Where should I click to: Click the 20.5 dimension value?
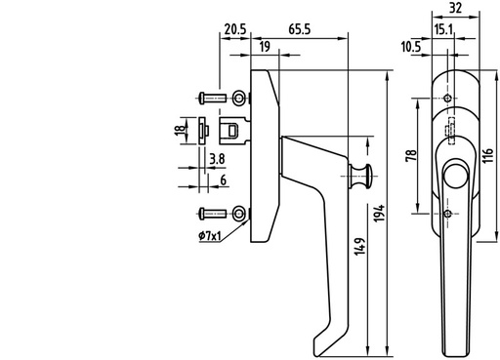[x=235, y=29]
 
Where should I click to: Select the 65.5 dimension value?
[x=300, y=29]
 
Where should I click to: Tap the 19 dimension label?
[x=265, y=47]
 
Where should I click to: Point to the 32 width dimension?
[x=455, y=8]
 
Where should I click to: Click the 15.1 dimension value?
[x=443, y=30]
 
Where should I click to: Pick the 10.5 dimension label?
[x=411, y=47]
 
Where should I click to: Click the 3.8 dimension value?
[x=217, y=159]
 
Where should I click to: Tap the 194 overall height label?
[x=379, y=214]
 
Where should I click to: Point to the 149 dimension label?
[x=360, y=247]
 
